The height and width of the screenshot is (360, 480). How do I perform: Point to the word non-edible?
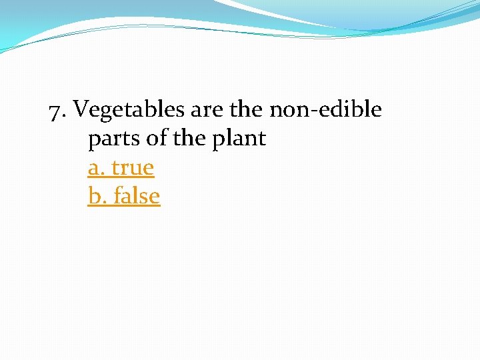tap(325, 109)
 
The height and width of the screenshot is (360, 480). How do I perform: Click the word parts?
tap(113, 139)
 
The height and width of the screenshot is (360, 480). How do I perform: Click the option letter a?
tap(95, 168)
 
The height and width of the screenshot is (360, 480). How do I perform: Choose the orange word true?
tap(133, 167)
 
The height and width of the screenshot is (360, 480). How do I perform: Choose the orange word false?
tap(137, 196)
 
